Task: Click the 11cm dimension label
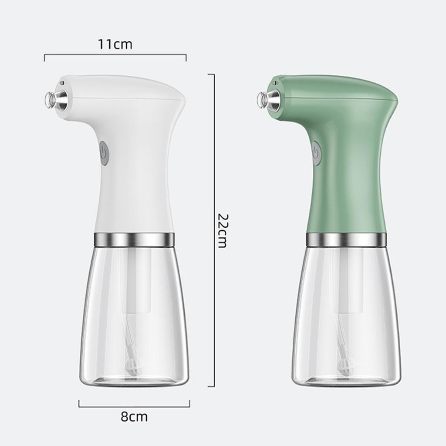(x=115, y=44)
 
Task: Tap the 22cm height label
(x=222, y=230)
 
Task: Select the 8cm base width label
(x=134, y=417)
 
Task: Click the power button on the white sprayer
(x=103, y=153)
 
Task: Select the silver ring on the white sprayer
(x=134, y=239)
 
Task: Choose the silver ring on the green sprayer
(x=346, y=239)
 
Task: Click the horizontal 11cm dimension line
(x=115, y=55)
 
